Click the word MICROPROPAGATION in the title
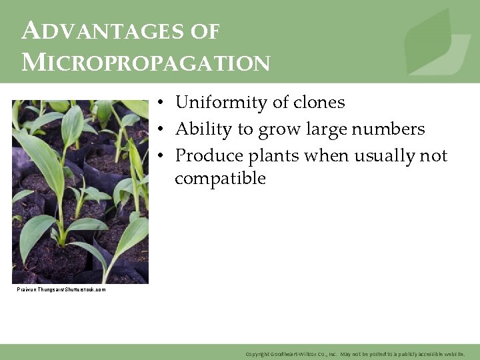click(x=145, y=63)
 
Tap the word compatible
click(x=220, y=179)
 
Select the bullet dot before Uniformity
click(x=161, y=103)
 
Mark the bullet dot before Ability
click(x=161, y=129)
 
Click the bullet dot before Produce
click(x=161, y=156)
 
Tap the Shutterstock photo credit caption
click(x=61, y=289)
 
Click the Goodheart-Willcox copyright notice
click(x=355, y=353)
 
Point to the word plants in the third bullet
click(x=274, y=155)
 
